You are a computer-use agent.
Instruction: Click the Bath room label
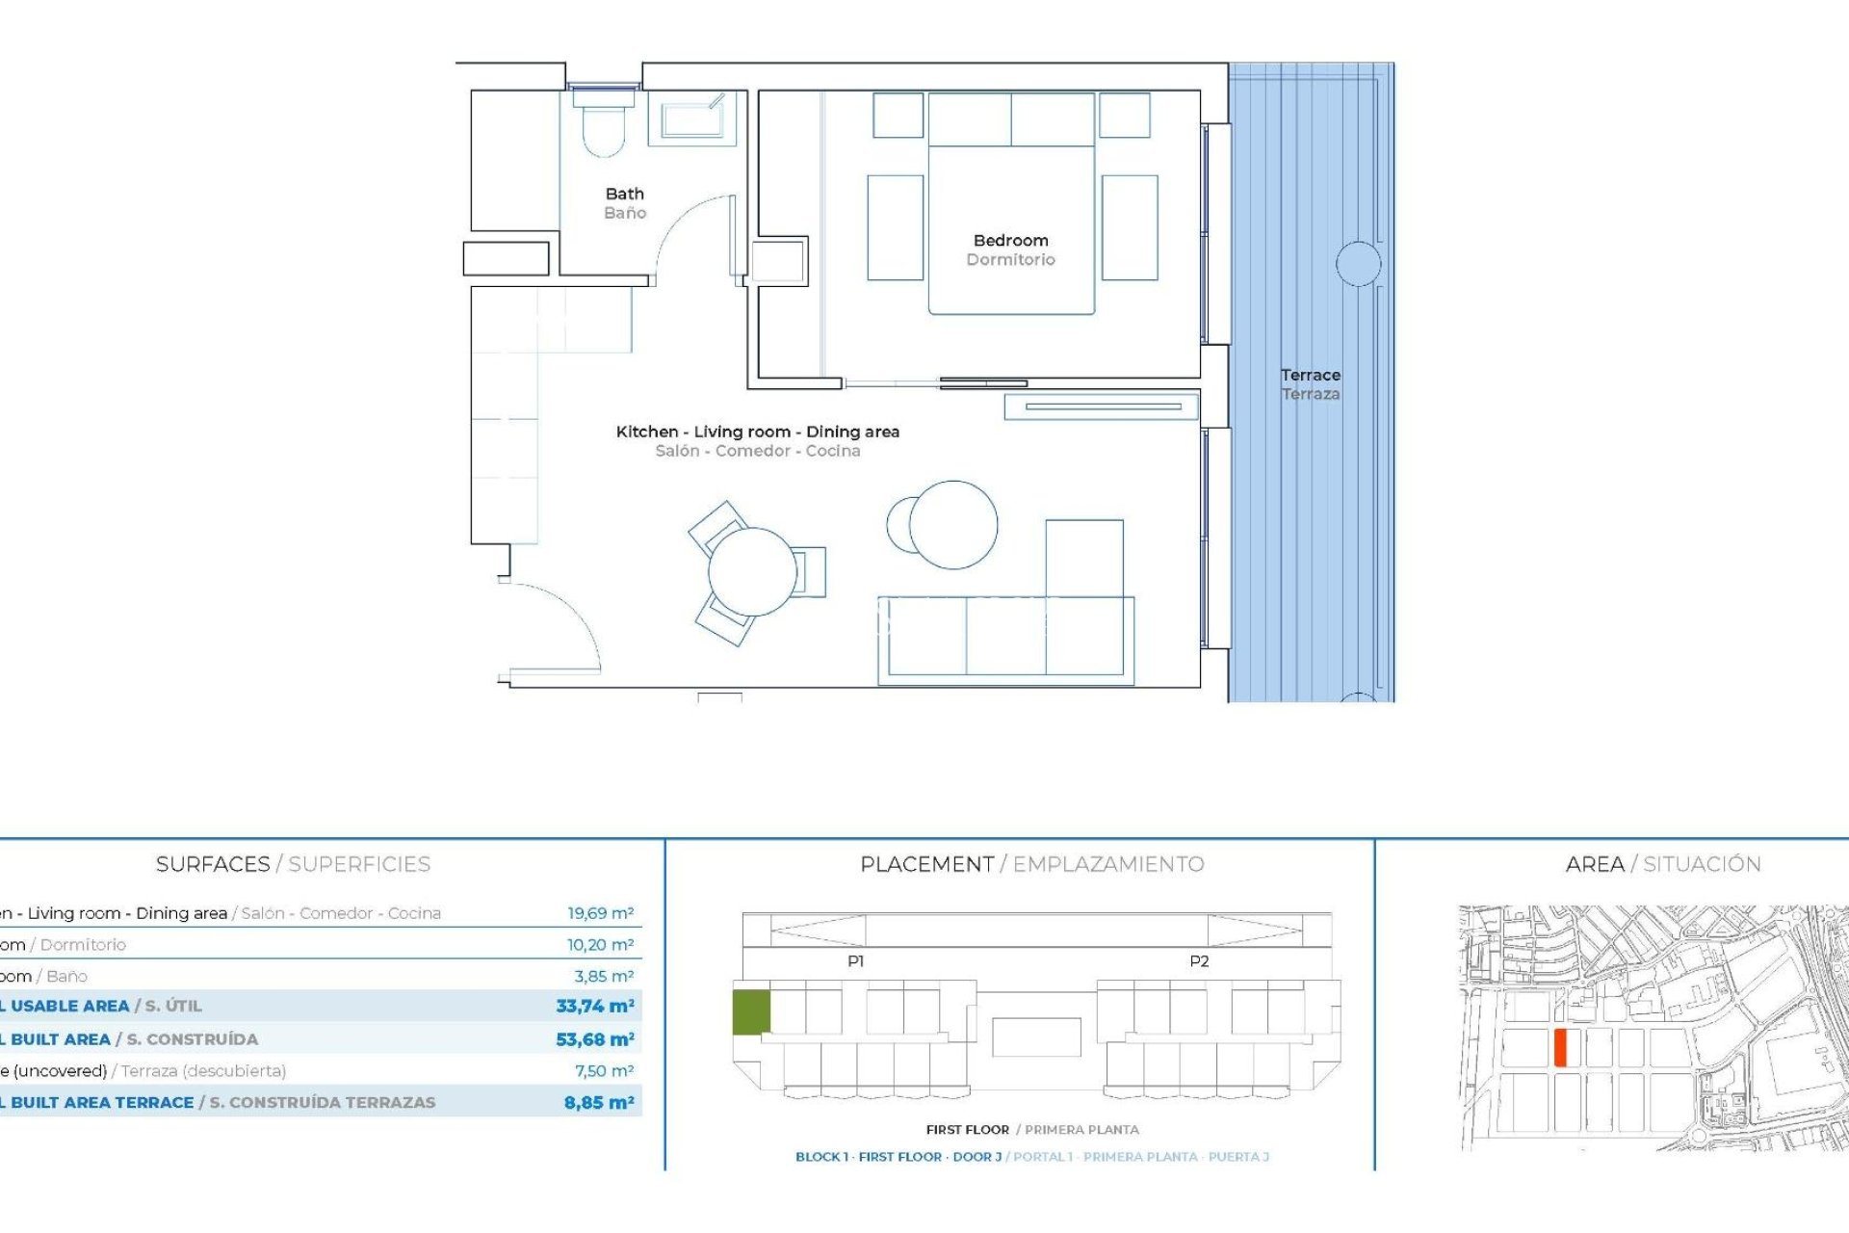624,195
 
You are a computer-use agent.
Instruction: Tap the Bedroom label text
1010,241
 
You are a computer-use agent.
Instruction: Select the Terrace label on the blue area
1310,376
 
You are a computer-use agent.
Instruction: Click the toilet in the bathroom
604,130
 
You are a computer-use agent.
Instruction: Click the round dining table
752,572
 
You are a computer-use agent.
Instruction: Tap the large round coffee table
953,525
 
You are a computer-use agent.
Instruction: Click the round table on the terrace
1358,263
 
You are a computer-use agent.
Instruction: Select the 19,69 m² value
600,913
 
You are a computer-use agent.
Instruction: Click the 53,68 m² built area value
594,1039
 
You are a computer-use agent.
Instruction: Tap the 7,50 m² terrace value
604,1071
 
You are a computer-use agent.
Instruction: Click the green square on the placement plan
751,1012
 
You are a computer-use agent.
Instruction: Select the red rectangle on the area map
1560,1047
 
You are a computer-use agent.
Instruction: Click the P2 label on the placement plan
1198,961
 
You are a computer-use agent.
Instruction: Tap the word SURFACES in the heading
213,864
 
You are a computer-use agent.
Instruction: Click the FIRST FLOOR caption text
967,1130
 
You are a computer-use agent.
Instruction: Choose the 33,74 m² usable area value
594,1006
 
